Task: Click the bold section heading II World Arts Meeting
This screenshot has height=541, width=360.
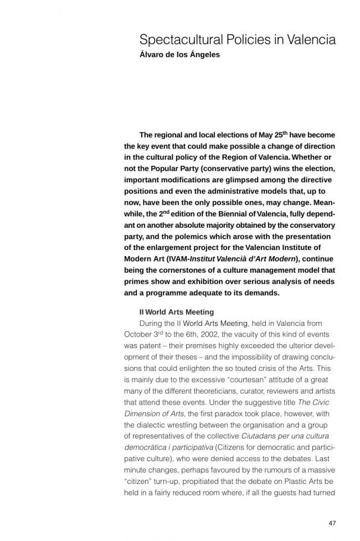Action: point(177,312)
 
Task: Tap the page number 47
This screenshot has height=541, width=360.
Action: point(332,523)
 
